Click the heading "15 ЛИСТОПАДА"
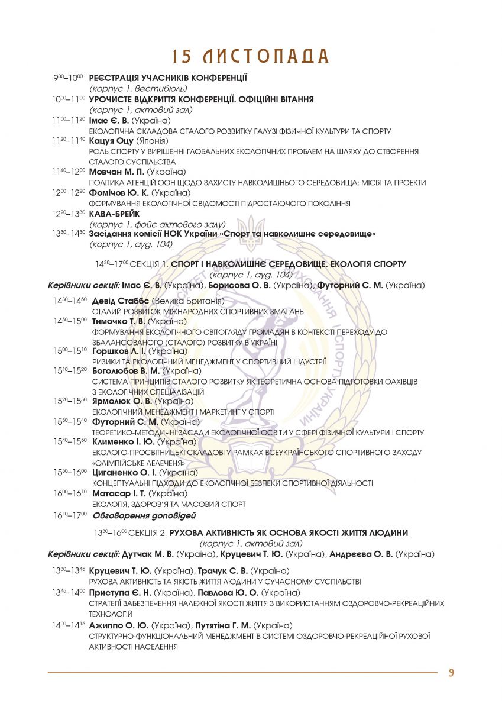click(x=251, y=56)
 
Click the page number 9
click(x=451, y=673)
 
